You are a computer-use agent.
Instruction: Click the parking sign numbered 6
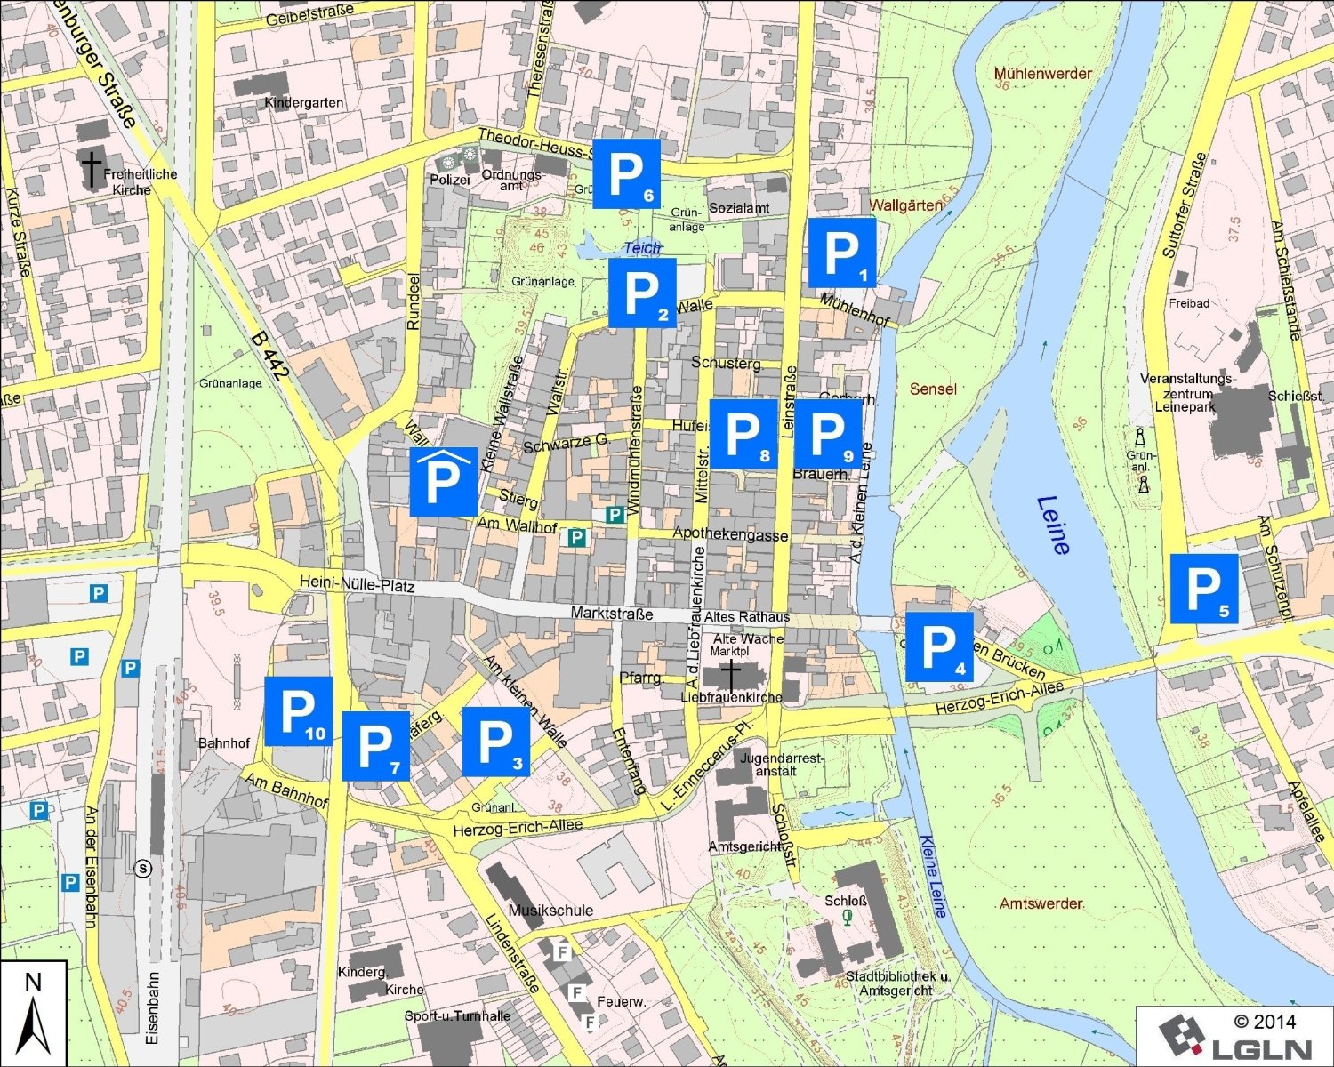tap(626, 173)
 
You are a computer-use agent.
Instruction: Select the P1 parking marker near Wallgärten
tap(841, 253)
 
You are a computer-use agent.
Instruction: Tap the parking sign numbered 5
tap(1203, 589)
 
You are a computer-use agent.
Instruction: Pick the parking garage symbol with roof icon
tap(443, 481)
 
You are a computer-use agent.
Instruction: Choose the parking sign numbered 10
tap(298, 710)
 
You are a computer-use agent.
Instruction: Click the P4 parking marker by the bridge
tap(938, 647)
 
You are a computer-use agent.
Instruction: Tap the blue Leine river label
tap(1053, 525)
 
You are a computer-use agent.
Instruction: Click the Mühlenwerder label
tap(1042, 74)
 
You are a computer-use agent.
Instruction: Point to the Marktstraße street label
tap(611, 614)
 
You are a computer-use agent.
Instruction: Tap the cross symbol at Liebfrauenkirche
tap(730, 675)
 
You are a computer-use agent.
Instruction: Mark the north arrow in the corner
tap(34, 1014)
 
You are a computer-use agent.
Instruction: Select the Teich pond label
tap(642, 248)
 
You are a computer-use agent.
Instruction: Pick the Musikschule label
tap(550, 911)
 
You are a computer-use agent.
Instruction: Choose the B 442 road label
tap(269, 356)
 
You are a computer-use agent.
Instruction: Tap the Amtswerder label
tap(1041, 903)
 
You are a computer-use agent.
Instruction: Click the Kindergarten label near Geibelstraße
tap(303, 103)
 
